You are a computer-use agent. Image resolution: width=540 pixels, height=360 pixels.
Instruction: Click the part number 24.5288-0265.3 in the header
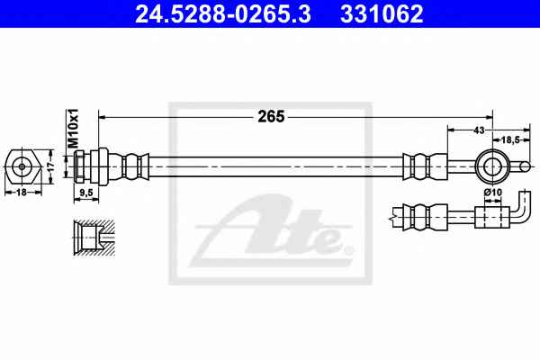pyautogui.click(x=223, y=13)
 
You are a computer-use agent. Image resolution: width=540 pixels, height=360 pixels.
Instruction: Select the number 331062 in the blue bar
pyautogui.click(x=382, y=13)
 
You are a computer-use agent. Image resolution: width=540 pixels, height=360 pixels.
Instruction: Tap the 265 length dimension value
pyautogui.click(x=271, y=117)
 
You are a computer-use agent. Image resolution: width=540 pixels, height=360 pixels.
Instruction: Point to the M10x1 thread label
pyautogui.click(x=73, y=128)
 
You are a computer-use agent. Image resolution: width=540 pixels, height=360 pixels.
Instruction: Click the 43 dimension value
pyautogui.click(x=479, y=130)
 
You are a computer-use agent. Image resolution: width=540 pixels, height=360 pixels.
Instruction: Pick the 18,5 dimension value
pyautogui.click(x=510, y=139)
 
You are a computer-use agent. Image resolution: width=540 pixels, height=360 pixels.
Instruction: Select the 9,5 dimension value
pyautogui.click(x=86, y=193)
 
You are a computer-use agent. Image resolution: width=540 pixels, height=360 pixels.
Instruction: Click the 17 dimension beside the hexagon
pyautogui.click(x=51, y=166)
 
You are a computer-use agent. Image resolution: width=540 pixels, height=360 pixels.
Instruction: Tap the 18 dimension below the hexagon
pyautogui.click(x=22, y=192)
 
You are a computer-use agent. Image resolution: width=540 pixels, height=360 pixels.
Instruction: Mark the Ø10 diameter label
pyautogui.click(x=493, y=193)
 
